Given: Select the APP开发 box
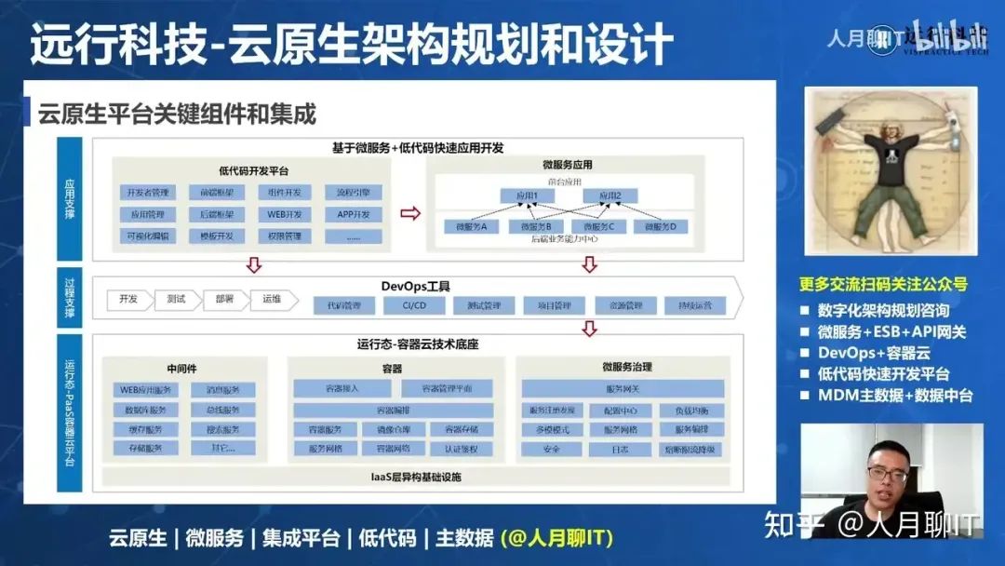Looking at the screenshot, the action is click(x=353, y=214).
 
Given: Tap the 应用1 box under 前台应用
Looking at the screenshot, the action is click(x=527, y=196).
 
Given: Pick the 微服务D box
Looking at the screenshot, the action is click(x=661, y=226).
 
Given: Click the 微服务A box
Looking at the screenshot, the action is click(x=471, y=226).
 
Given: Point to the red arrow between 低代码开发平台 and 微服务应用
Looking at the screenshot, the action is click(x=409, y=213).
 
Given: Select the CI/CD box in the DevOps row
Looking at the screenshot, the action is click(x=414, y=305).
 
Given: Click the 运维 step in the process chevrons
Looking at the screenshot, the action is click(x=272, y=300).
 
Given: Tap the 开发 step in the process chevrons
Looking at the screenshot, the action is click(x=127, y=300).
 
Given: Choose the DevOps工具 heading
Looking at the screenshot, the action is click(x=414, y=285).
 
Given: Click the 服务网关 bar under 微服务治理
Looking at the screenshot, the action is click(x=622, y=388).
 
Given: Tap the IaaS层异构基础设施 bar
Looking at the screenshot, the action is click(x=416, y=478).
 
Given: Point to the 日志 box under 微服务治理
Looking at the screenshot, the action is click(x=620, y=450).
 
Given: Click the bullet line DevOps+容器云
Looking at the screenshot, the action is click(x=874, y=354).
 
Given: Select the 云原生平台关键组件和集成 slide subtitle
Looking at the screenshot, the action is click(x=177, y=115).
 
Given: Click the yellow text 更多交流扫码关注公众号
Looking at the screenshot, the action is click(x=883, y=284).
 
